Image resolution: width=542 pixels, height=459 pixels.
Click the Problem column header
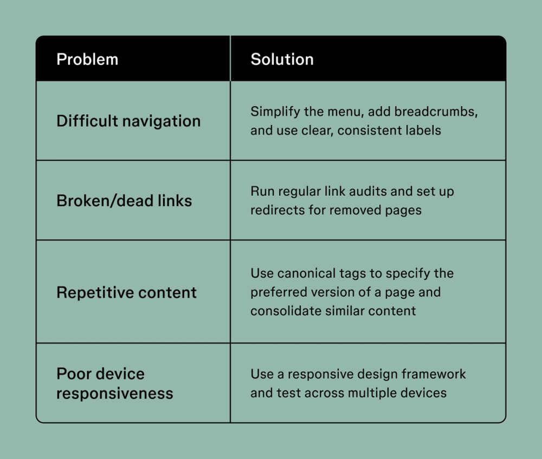coord(87,59)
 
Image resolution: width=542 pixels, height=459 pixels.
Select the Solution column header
coord(282,59)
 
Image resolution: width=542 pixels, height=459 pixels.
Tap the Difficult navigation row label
coord(128,121)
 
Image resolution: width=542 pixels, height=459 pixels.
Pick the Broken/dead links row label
coord(124,201)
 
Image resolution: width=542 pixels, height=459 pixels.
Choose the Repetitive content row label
coord(126,293)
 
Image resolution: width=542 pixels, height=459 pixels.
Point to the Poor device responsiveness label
coord(114,383)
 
